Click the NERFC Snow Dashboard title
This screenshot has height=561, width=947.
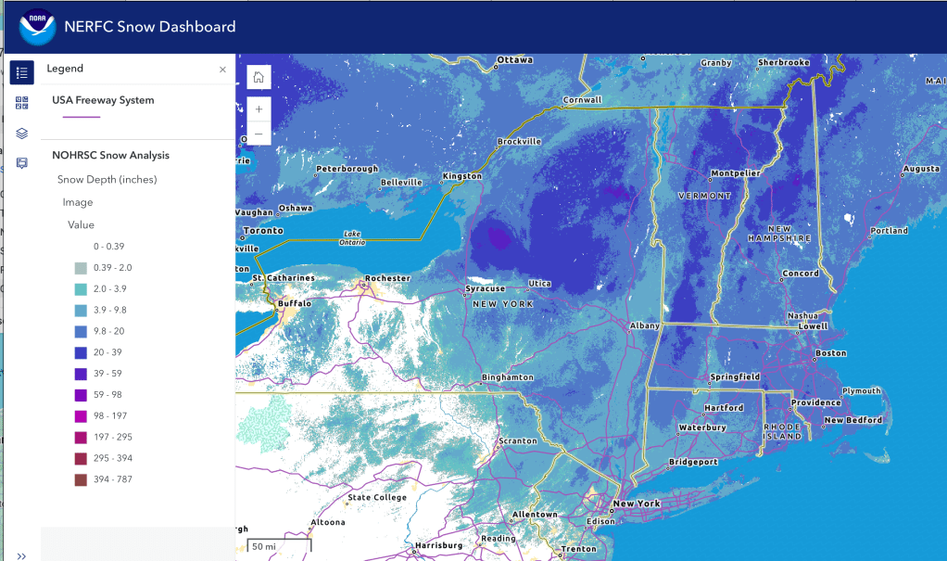tap(149, 27)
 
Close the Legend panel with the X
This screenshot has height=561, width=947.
tap(222, 70)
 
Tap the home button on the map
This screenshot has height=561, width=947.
tap(259, 77)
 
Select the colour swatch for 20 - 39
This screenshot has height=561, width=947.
tap(81, 352)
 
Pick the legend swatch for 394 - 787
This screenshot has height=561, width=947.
tap(81, 479)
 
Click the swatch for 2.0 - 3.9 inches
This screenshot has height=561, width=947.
tap(81, 289)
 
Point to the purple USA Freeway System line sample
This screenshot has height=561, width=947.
tap(82, 117)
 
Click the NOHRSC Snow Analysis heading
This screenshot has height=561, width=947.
tap(110, 156)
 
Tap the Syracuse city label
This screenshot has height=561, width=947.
tap(486, 288)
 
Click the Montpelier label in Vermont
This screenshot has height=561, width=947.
tap(736, 173)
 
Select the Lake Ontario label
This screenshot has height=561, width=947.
tap(351, 237)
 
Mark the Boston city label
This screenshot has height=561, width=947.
tap(831, 353)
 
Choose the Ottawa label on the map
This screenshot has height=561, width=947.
tap(515, 60)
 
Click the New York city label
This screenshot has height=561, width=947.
tap(637, 504)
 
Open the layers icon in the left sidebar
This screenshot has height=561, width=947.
tap(22, 133)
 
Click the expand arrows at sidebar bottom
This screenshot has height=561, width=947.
tap(22, 555)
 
